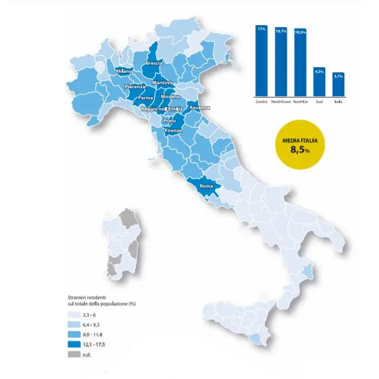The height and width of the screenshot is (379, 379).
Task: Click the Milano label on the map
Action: [x=124, y=72]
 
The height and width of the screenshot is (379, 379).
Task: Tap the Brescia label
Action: [x=153, y=64]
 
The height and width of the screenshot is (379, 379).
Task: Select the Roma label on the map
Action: [x=206, y=186]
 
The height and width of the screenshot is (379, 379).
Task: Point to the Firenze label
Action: [x=174, y=130]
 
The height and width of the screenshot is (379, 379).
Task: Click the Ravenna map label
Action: [x=200, y=107]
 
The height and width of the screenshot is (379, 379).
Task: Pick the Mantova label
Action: [x=162, y=83]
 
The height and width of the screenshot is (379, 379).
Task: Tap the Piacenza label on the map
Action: [x=135, y=87]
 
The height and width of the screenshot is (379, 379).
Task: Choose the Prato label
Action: [x=169, y=121]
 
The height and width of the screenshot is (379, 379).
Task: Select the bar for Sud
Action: [x=319, y=81]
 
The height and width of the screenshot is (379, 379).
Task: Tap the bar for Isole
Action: [x=338, y=84]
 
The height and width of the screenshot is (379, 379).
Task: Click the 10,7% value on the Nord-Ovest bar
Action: [x=280, y=31]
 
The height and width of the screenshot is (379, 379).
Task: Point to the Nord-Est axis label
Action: [x=301, y=101]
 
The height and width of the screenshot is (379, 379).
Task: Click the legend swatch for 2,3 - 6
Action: [x=72, y=316]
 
